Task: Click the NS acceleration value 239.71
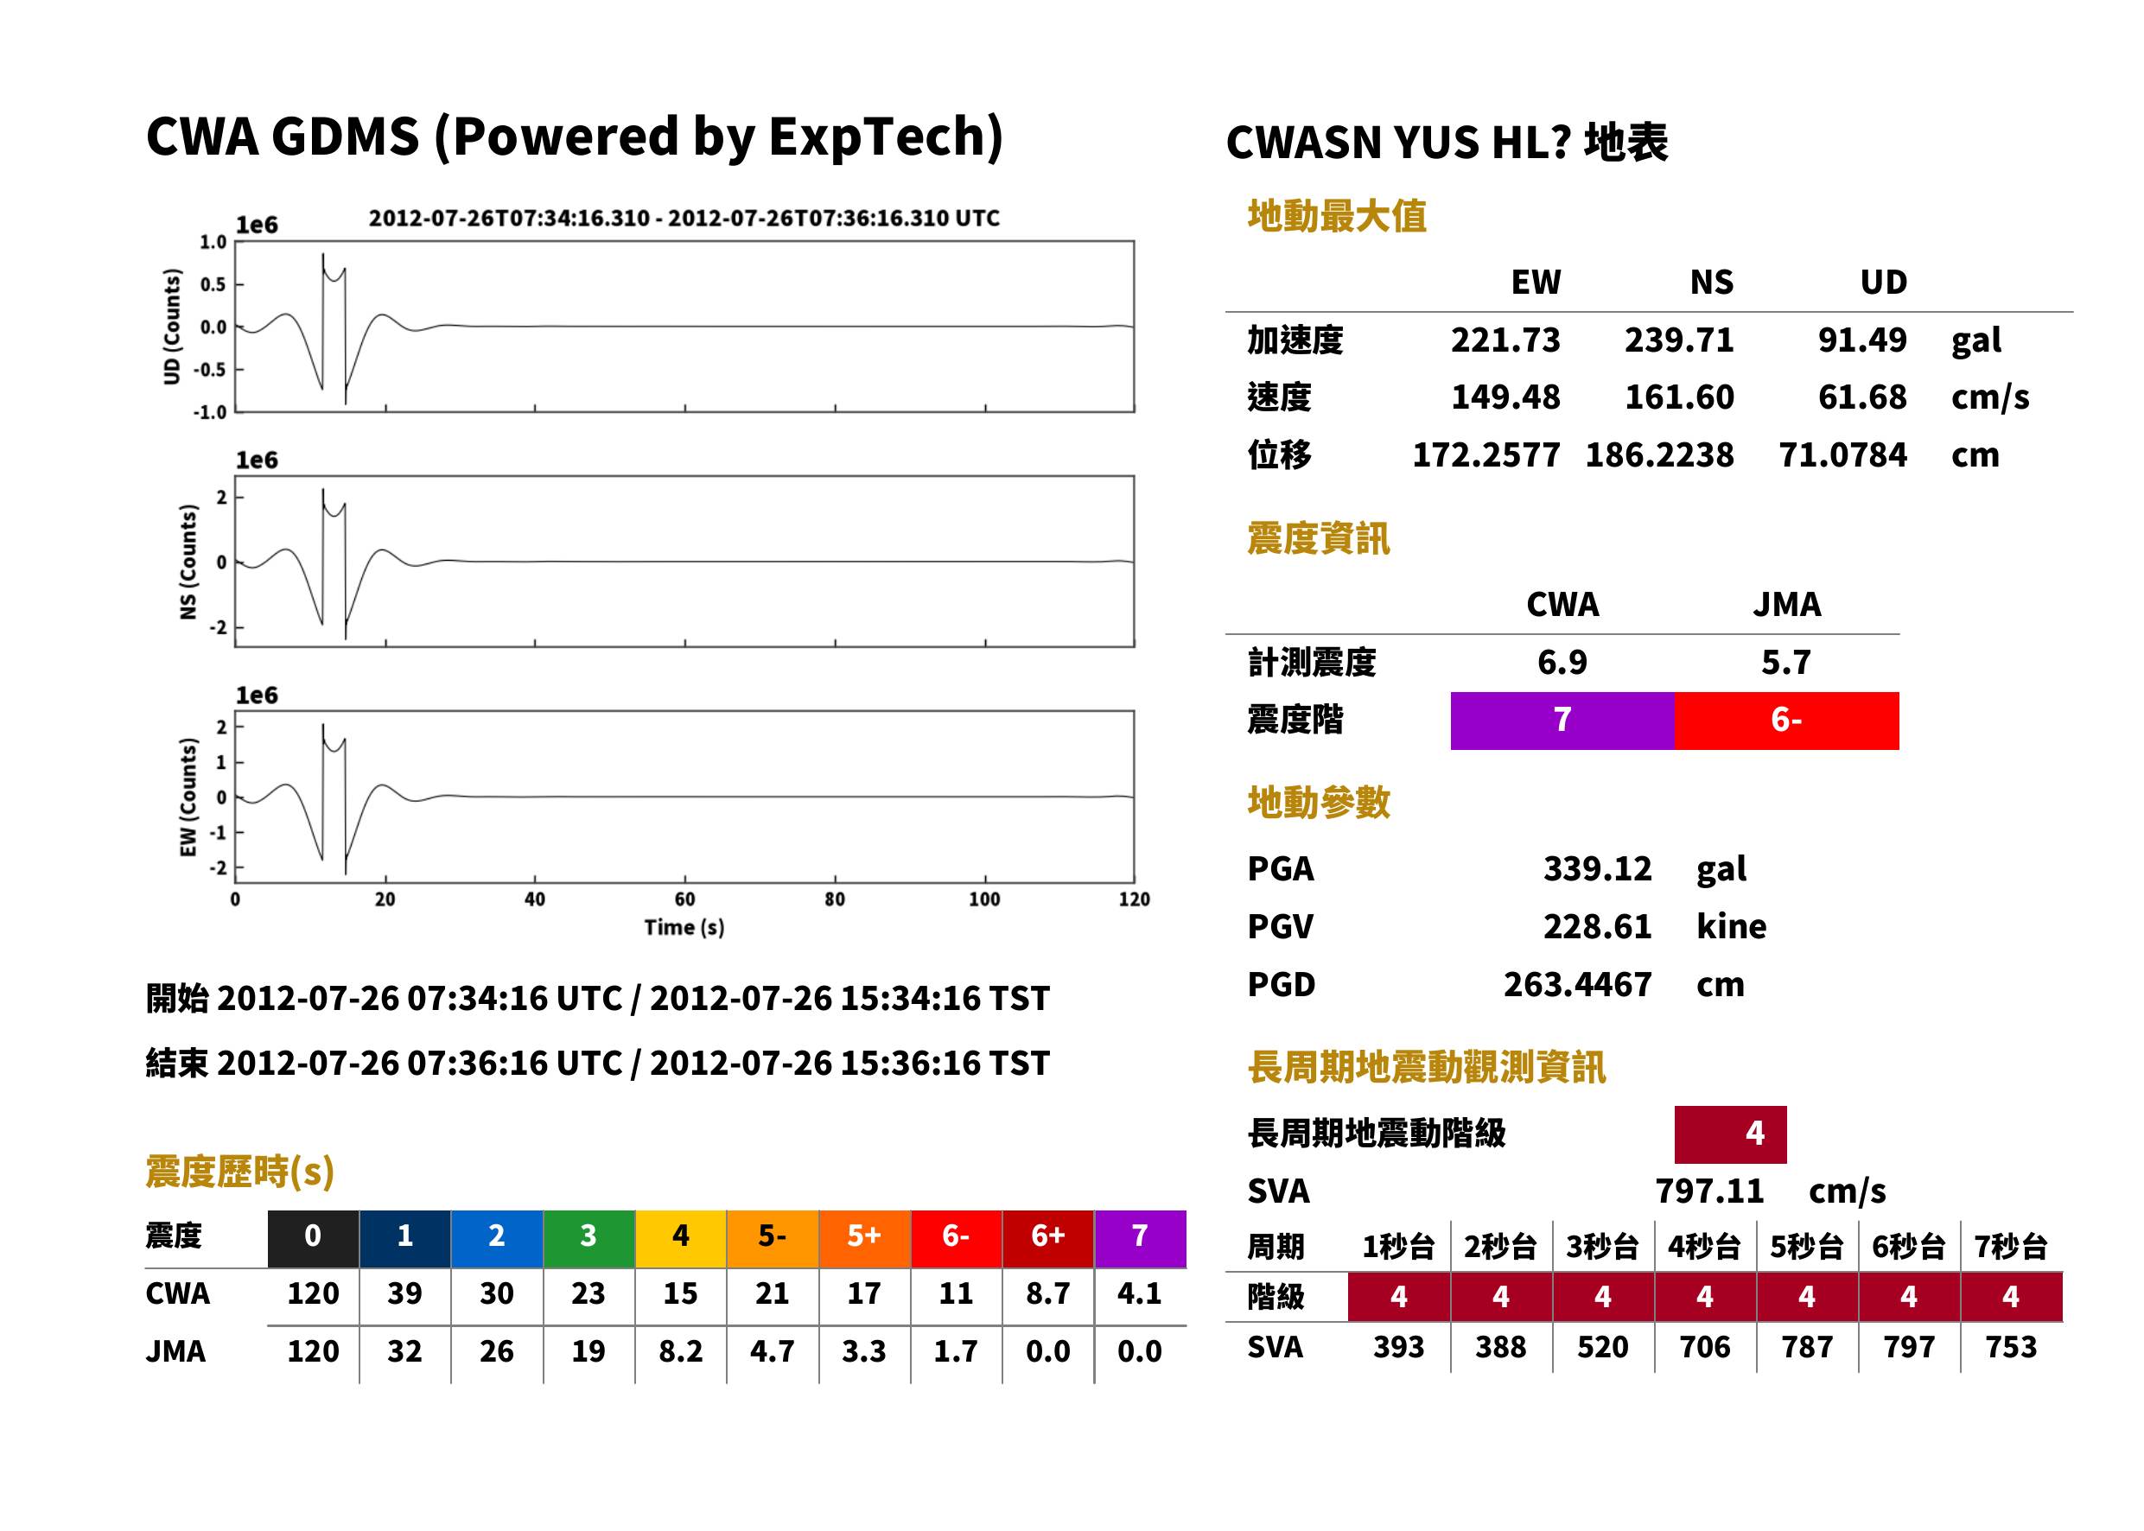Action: click(1678, 340)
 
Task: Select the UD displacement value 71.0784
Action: click(1842, 455)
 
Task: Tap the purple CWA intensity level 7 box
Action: click(1562, 721)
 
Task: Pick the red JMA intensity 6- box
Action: click(1787, 721)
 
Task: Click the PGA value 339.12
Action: click(1597, 868)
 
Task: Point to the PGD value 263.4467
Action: click(1577, 984)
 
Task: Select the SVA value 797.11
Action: click(1709, 1191)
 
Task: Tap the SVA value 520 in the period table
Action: click(1603, 1347)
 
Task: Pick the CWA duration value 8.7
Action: click(1047, 1293)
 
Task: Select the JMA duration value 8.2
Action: click(680, 1352)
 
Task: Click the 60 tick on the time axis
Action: click(684, 899)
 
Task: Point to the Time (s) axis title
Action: click(684, 928)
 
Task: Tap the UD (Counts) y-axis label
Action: click(172, 327)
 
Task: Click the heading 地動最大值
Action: click(1337, 216)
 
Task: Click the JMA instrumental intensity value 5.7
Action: click(1785, 662)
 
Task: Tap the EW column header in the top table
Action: click(1536, 282)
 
